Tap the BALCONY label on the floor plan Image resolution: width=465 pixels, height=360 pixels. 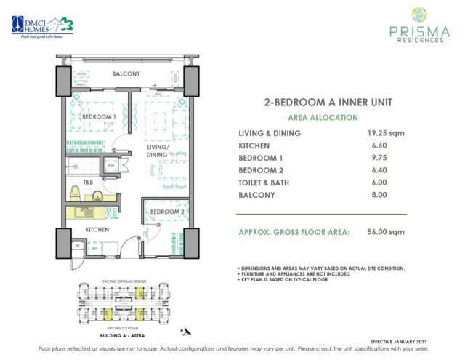[x=126, y=74]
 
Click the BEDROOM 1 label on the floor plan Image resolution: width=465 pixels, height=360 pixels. [x=98, y=117]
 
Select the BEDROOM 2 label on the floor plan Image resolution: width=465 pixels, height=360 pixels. [x=165, y=212]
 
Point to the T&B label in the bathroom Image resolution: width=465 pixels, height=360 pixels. [x=88, y=182]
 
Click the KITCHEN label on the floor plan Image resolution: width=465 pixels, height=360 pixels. [x=97, y=230]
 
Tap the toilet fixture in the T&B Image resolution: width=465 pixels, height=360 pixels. [x=75, y=192]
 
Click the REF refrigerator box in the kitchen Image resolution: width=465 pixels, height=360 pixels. [x=95, y=249]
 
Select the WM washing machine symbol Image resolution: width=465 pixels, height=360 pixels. [x=111, y=166]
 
